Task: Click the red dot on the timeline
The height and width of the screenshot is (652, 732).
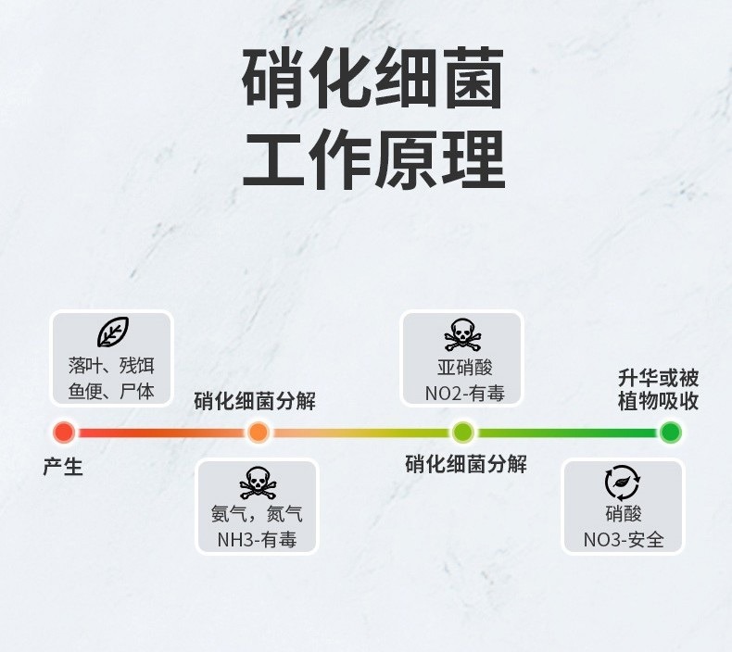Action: pos(64,432)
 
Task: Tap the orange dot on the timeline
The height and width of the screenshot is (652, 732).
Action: pos(259,432)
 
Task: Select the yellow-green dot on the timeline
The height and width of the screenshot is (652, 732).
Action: pos(463,432)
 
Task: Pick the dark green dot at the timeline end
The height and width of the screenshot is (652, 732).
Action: pos(671,432)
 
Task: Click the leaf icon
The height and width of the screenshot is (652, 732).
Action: pos(112,332)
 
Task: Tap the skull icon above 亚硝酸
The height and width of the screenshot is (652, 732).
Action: pos(461,334)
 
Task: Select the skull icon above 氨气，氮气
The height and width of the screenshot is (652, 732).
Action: pos(257,483)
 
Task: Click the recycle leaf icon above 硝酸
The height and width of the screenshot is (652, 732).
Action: pos(623,483)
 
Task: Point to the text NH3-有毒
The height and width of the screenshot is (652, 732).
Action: pos(257,540)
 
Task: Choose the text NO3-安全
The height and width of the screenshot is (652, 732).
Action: pos(624,540)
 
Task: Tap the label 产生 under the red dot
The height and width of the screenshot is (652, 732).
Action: pos(63,467)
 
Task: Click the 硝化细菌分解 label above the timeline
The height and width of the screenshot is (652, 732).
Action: pos(255,401)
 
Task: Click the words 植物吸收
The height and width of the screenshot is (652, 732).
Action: pos(658,401)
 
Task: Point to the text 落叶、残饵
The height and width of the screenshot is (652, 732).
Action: pos(111,365)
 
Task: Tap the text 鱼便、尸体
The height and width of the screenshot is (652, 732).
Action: pos(111,391)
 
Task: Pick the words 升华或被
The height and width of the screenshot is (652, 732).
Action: pos(658,378)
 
